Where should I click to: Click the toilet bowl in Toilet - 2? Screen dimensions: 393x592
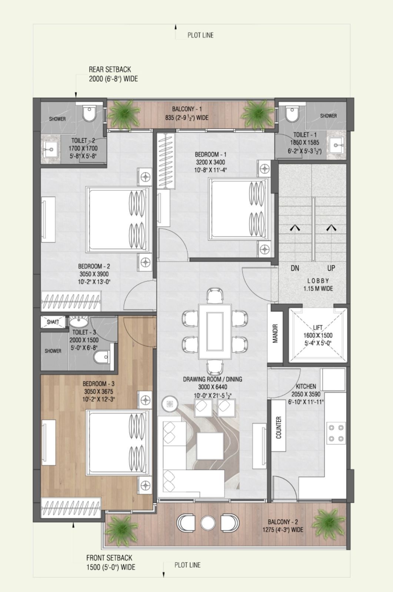point(89,114)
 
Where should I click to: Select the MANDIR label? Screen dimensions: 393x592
point(275,334)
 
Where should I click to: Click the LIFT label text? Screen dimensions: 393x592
point(317,328)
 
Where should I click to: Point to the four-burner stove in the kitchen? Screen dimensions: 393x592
point(336,433)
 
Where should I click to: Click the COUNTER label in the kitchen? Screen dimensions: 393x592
point(279,428)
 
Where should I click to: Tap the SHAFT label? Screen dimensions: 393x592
point(53,322)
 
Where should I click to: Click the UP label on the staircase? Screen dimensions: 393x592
point(331,268)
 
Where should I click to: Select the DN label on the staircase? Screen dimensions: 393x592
point(295,268)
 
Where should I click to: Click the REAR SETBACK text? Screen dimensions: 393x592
point(110,70)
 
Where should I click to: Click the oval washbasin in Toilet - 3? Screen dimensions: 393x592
point(79,322)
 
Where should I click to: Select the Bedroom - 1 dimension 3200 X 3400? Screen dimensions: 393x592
point(211,162)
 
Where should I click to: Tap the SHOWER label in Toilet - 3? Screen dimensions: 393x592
point(53,351)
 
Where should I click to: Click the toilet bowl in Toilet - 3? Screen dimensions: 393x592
point(101,357)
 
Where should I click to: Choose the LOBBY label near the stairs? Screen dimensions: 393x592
point(318,281)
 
